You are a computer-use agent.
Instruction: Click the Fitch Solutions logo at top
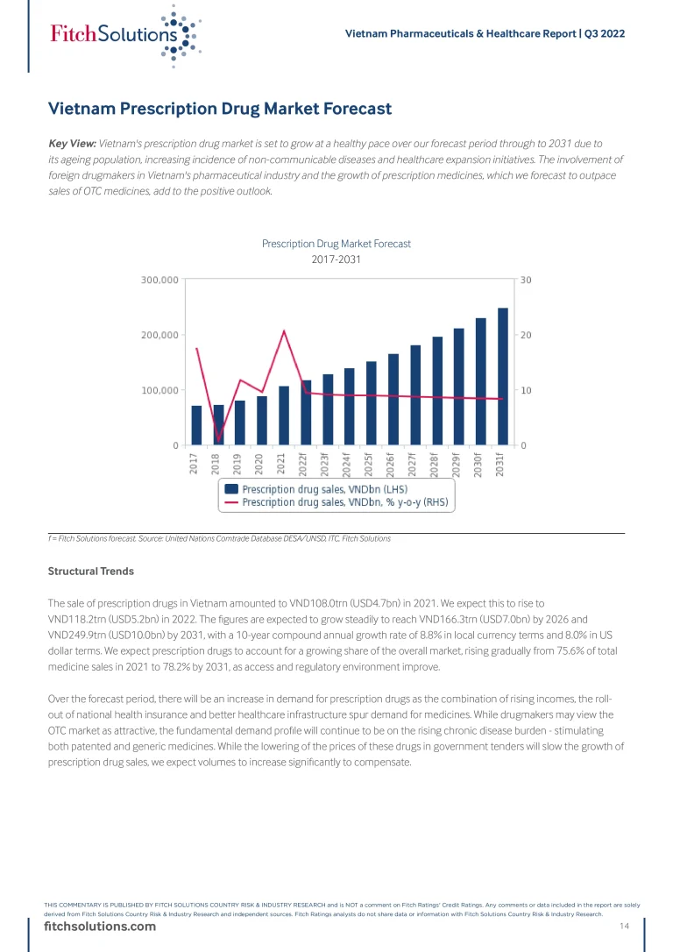click(x=123, y=35)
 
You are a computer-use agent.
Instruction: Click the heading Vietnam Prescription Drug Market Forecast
click(x=219, y=110)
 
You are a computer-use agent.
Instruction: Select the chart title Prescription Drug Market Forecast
click(x=336, y=244)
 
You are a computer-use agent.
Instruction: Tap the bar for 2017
click(x=196, y=425)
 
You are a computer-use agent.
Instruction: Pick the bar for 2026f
click(x=393, y=400)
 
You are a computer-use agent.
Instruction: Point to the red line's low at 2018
click(x=218, y=439)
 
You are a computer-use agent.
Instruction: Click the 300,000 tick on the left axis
click(x=160, y=281)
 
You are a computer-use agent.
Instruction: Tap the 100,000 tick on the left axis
click(x=160, y=390)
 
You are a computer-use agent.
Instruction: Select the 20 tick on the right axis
click(x=525, y=335)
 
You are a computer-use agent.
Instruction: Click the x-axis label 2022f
click(x=303, y=461)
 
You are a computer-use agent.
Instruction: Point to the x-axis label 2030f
click(x=478, y=461)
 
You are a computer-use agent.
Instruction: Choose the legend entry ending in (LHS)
click(x=324, y=489)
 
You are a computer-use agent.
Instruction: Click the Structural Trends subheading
click(x=91, y=571)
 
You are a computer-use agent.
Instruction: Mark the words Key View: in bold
click(x=72, y=143)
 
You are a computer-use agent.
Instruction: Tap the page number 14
click(x=625, y=927)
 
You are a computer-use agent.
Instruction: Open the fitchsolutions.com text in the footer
click(x=100, y=927)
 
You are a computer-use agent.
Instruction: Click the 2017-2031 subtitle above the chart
click(x=336, y=259)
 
